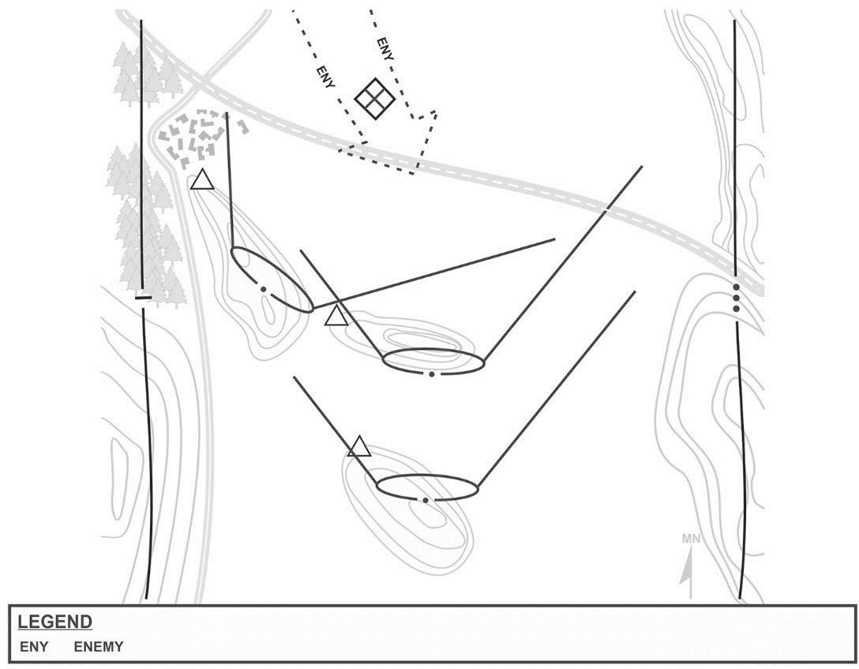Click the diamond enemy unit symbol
374,99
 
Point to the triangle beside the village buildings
202,181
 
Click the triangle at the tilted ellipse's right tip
336,316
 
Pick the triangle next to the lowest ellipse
359,447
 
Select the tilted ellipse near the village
272,279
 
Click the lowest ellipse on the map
427,487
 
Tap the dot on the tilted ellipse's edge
263,289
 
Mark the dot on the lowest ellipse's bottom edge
426,500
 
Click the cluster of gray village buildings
199,136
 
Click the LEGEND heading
54,622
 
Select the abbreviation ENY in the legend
34,647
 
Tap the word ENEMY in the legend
99,647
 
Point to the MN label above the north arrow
691,539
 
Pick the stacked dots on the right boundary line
736,298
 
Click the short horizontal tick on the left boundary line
143,298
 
